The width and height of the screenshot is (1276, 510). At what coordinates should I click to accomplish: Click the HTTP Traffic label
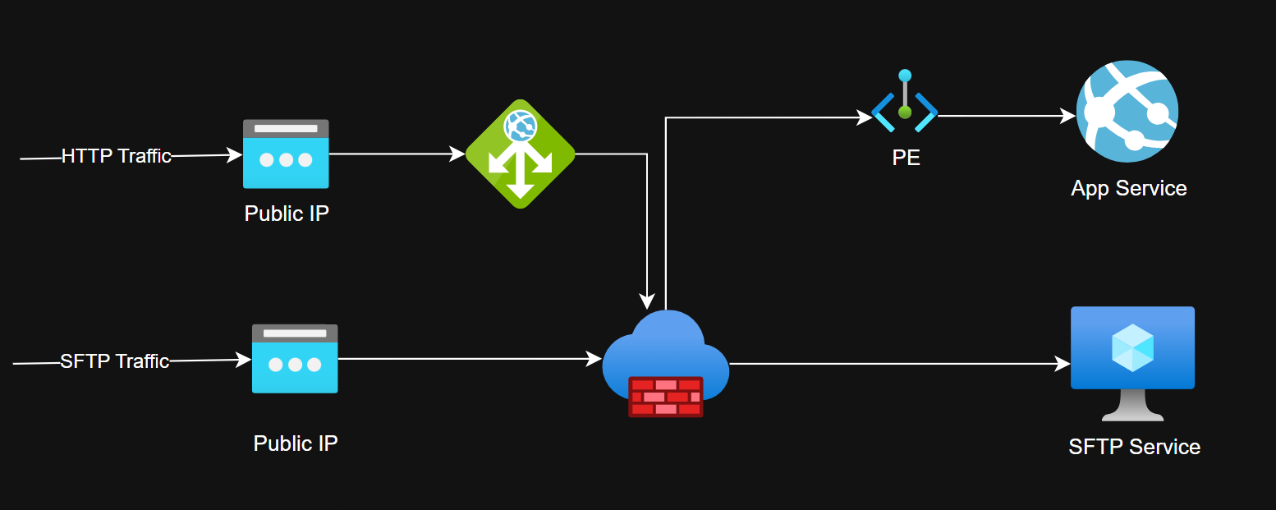(x=116, y=156)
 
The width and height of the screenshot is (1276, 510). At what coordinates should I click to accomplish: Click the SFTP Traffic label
(x=114, y=361)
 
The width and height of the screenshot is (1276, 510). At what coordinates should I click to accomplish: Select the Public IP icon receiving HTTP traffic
(x=286, y=154)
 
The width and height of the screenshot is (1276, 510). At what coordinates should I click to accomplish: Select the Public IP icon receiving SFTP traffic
(x=295, y=359)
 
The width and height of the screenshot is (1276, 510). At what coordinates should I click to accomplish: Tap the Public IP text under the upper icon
(x=287, y=214)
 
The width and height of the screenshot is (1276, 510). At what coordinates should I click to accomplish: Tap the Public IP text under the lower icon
(x=296, y=443)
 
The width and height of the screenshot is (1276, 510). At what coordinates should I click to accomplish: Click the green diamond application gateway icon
(x=520, y=154)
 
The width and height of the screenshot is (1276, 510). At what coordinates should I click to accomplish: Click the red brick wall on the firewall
(x=666, y=396)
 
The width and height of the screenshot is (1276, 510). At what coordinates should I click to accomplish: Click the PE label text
(x=906, y=157)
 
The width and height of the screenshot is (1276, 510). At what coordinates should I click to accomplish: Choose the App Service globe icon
(x=1127, y=111)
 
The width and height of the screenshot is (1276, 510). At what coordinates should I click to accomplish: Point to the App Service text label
(x=1128, y=188)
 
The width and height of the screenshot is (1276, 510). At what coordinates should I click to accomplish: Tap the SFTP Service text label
(x=1134, y=447)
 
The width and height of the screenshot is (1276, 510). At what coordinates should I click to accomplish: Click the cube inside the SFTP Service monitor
(x=1132, y=347)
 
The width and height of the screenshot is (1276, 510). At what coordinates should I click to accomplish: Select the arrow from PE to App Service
(x=1006, y=117)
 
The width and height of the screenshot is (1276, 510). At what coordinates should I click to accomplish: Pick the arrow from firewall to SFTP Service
(x=895, y=363)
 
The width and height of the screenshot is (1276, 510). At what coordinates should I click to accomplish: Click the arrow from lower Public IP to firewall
(x=468, y=359)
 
